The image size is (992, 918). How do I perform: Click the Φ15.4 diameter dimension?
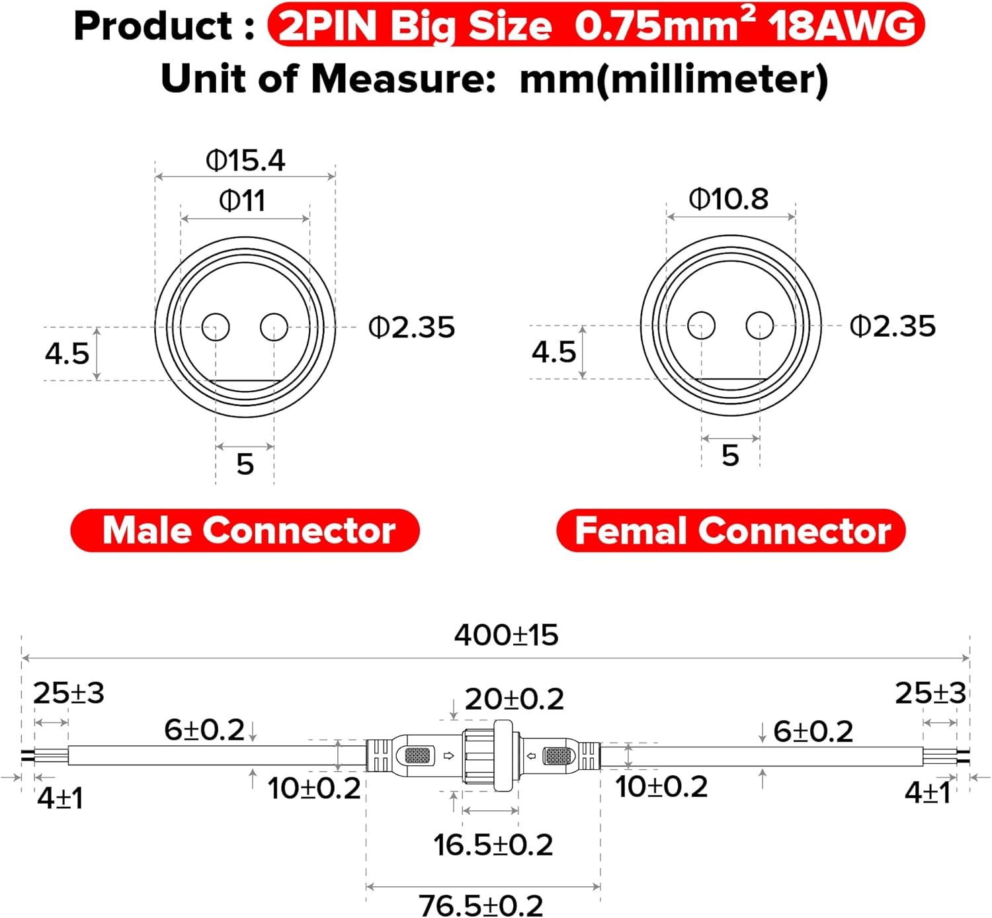pyautogui.click(x=245, y=161)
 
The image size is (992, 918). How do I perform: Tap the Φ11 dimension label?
pyautogui.click(x=242, y=201)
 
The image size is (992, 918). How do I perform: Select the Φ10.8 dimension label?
pyautogui.click(x=729, y=199)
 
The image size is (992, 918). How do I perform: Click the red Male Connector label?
pyautogui.click(x=245, y=530)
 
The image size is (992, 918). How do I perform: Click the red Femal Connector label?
pyautogui.click(x=731, y=530)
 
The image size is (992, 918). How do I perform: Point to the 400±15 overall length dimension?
pyautogui.click(x=506, y=635)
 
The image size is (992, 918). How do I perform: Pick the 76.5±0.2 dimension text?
pyautogui.click(x=481, y=905)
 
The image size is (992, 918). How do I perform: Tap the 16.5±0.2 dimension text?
pyautogui.click(x=493, y=845)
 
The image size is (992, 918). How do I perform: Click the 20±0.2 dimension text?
pyautogui.click(x=514, y=698)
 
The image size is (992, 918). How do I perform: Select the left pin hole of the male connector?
pyautogui.click(x=216, y=327)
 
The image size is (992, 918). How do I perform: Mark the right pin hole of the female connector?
pyautogui.click(x=760, y=325)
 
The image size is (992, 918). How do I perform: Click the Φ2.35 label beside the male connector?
pyautogui.click(x=411, y=327)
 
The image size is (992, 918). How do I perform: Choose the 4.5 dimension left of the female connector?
pyautogui.click(x=554, y=352)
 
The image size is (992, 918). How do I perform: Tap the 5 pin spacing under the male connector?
pyautogui.click(x=245, y=464)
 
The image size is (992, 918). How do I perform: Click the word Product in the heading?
pyautogui.click(x=153, y=26)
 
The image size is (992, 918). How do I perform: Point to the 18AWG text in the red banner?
pyautogui.click(x=842, y=26)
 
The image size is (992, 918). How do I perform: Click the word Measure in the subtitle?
pyautogui.click(x=403, y=79)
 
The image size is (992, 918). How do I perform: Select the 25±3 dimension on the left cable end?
pyautogui.click(x=68, y=693)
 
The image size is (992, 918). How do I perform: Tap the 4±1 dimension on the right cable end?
pyautogui.click(x=928, y=792)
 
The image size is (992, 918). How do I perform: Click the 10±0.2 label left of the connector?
pyautogui.click(x=313, y=788)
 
